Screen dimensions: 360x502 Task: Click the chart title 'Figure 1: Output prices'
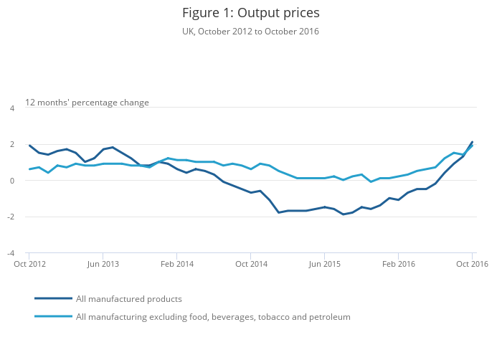click(x=250, y=13)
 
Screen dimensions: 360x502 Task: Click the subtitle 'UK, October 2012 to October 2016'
click(x=250, y=32)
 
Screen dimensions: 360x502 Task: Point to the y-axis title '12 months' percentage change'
click(x=87, y=103)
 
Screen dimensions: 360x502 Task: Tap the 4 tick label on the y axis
click(x=11, y=108)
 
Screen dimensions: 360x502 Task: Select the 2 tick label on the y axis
click(x=11, y=145)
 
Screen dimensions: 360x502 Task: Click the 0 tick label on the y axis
click(x=11, y=181)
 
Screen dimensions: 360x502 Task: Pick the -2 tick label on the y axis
click(x=11, y=217)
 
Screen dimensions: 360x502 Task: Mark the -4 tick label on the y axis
click(x=11, y=253)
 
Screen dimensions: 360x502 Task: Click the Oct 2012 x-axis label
click(x=29, y=264)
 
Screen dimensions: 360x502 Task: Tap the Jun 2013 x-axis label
click(x=103, y=264)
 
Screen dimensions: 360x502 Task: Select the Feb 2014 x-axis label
click(x=177, y=264)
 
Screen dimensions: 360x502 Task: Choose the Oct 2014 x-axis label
click(x=251, y=264)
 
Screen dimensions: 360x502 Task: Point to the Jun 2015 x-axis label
click(x=325, y=264)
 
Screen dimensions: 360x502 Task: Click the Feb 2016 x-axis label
click(x=399, y=264)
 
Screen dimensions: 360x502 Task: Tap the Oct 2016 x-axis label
click(x=472, y=264)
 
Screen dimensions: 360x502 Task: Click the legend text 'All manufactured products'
click(x=129, y=299)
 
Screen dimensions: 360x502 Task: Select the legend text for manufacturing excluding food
click(x=213, y=317)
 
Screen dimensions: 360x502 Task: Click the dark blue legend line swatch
click(x=53, y=298)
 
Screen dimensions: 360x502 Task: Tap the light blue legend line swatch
click(x=53, y=316)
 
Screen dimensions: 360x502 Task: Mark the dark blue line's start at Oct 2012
click(x=29, y=146)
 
